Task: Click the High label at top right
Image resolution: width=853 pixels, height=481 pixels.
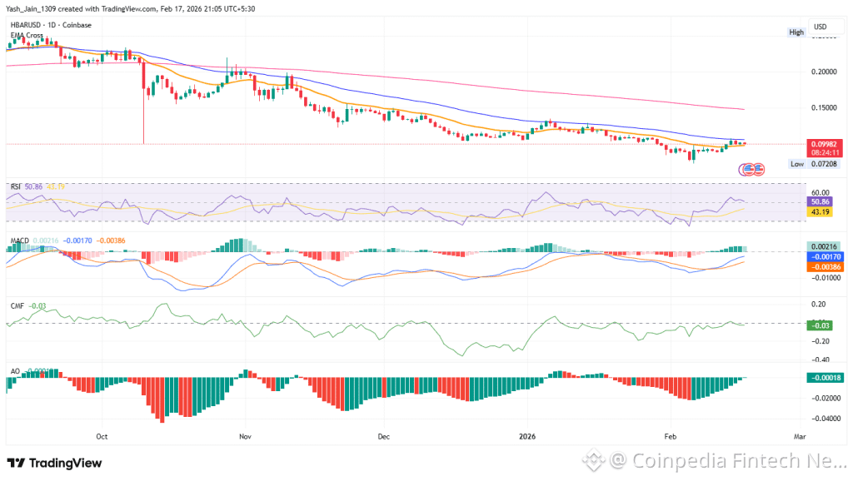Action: pyautogui.click(x=796, y=32)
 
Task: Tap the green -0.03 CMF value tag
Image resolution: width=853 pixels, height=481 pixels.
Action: pyautogui.click(x=821, y=324)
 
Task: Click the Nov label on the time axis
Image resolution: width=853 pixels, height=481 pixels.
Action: pyautogui.click(x=244, y=435)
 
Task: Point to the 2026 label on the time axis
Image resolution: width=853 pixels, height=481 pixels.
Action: pyautogui.click(x=526, y=435)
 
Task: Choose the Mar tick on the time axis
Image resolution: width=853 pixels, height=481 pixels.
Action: pyautogui.click(x=801, y=435)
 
